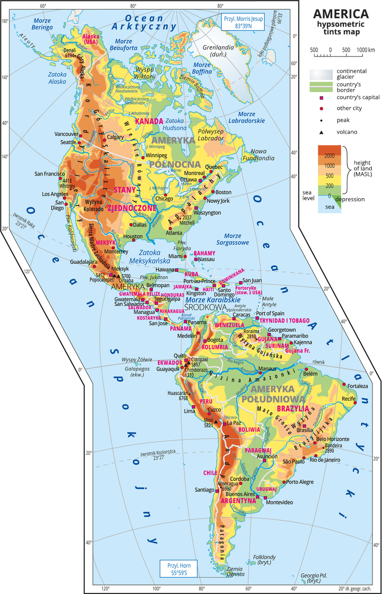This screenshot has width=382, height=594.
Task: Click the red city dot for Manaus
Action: tap(260, 373)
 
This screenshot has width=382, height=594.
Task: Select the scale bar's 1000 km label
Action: tap(365, 50)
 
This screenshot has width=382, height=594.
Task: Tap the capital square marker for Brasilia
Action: tap(304, 425)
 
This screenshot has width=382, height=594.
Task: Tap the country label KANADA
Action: tap(149, 122)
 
